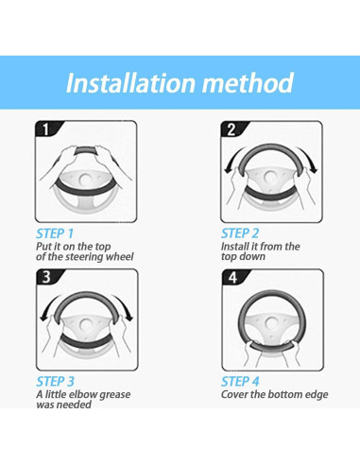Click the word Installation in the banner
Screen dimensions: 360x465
click(x=130, y=83)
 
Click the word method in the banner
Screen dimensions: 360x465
click(x=248, y=83)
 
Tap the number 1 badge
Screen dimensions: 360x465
click(x=46, y=129)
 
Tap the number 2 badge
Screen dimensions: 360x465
click(x=231, y=129)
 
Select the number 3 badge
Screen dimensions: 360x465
click(x=47, y=277)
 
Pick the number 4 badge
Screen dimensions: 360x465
click(x=232, y=278)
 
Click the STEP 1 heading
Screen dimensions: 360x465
click(x=55, y=233)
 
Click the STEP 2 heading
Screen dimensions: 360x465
click(x=240, y=233)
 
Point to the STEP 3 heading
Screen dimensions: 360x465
click(x=56, y=382)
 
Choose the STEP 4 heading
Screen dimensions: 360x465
click(x=240, y=382)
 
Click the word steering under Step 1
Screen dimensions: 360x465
click(x=84, y=257)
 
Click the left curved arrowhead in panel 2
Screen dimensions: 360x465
click(x=228, y=170)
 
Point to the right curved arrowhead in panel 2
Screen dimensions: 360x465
click(x=313, y=170)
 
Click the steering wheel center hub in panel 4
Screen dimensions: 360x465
click(x=271, y=323)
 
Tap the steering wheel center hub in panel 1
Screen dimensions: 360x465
click(x=85, y=180)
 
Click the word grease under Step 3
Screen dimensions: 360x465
click(x=115, y=395)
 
